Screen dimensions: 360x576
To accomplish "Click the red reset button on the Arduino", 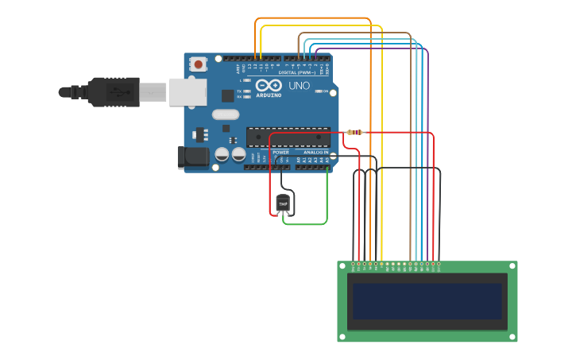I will pyautogui.click(x=198, y=64).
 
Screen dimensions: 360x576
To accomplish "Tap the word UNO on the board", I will pyautogui.click(x=299, y=86).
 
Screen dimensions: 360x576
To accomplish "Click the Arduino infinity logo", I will pyautogui.click(x=269, y=85).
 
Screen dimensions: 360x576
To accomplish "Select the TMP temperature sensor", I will pyautogui.click(x=283, y=204).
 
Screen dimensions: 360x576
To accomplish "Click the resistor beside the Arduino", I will pyautogui.click(x=355, y=132).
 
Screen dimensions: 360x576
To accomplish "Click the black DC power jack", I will pyautogui.click(x=193, y=157).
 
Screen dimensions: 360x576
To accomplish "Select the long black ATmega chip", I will pyautogui.click(x=288, y=137).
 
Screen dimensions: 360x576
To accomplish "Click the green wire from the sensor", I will pyautogui.click(x=306, y=224).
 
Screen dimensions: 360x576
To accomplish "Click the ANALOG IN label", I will pyautogui.click(x=315, y=152).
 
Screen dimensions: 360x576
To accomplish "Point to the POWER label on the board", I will pyautogui.click(x=280, y=152).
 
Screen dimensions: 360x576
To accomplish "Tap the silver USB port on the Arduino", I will pyautogui.click(x=187, y=92).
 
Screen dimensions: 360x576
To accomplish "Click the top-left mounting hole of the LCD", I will pyautogui.click(x=342, y=265).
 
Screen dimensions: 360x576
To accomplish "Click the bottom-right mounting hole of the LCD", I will pyautogui.click(x=512, y=337).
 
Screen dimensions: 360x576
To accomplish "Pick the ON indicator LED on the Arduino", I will pyautogui.click(x=319, y=91).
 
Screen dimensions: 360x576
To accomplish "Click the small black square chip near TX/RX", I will pyautogui.click(x=228, y=95).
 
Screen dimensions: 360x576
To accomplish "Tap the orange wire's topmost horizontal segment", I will pyautogui.click(x=313, y=17).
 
